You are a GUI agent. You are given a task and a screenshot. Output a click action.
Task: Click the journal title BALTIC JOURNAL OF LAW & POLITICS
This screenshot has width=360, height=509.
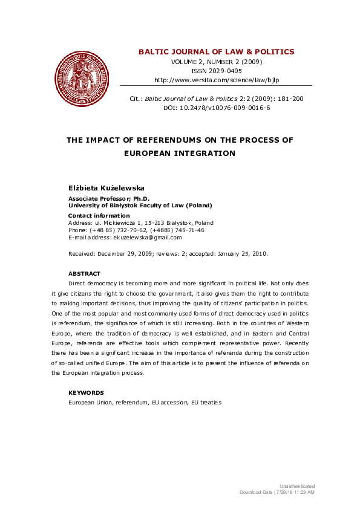pyautogui.click(x=216, y=52)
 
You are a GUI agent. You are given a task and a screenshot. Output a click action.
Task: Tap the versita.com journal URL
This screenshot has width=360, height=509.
pyautogui.click(x=216, y=80)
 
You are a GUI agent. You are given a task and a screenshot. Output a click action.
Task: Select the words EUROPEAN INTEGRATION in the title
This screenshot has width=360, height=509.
pyautogui.click(x=179, y=154)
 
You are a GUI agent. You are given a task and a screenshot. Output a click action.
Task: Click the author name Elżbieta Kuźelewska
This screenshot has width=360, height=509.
pyautogui.click(x=106, y=189)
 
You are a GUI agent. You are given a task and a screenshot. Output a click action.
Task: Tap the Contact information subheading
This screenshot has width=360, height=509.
pyautogui.click(x=99, y=216)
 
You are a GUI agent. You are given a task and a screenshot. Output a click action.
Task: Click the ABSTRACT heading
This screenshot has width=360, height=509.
pyautogui.click(x=84, y=274)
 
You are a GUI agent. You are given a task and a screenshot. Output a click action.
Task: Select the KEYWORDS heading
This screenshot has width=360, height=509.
pyautogui.click(x=86, y=393)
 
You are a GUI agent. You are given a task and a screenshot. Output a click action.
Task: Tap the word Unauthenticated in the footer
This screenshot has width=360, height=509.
pyautogui.click(x=296, y=486)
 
